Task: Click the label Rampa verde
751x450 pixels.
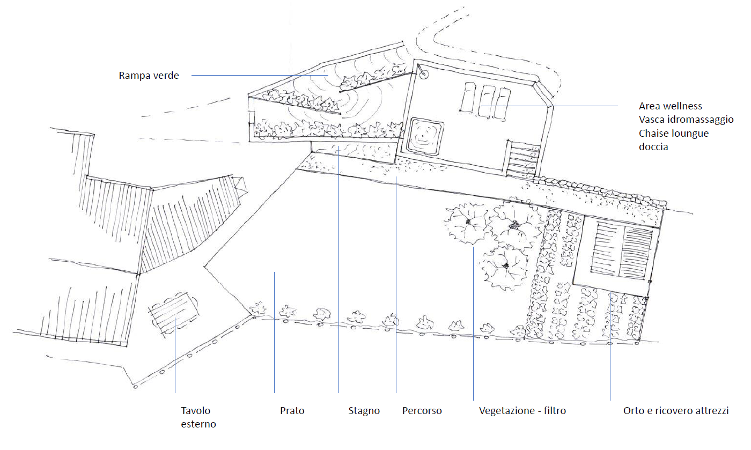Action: tap(149, 76)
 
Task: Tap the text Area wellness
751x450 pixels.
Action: tap(670, 106)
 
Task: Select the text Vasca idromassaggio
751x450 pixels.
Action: tap(686, 120)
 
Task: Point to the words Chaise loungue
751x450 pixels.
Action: tap(673, 133)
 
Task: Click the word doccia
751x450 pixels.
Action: tap(653, 146)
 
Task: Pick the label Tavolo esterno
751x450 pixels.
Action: tap(198, 417)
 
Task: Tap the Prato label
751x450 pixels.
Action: tap(292, 411)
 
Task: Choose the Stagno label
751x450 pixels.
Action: tap(364, 411)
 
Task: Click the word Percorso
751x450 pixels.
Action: tap(422, 411)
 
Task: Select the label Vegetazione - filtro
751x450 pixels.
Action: tap(522, 411)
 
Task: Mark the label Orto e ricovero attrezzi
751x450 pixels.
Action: tap(675, 411)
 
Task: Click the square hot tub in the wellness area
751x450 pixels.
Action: tap(425, 137)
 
